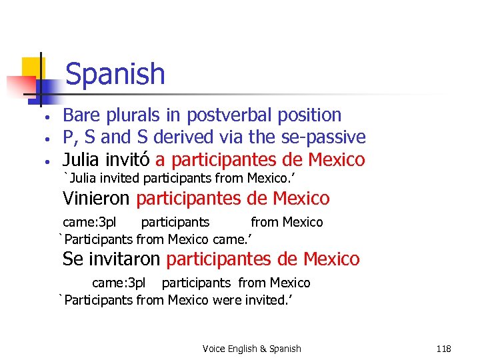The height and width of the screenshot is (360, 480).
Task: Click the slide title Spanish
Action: click(x=115, y=73)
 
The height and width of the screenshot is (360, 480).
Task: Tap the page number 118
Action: click(x=443, y=349)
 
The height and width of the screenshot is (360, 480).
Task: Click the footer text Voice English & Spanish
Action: click(x=251, y=349)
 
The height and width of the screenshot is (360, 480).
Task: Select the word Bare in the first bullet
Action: click(x=79, y=115)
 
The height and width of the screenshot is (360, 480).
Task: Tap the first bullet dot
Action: click(x=41, y=117)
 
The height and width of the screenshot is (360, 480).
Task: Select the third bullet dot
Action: click(x=41, y=162)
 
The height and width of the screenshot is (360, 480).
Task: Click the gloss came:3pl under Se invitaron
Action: click(x=119, y=283)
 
